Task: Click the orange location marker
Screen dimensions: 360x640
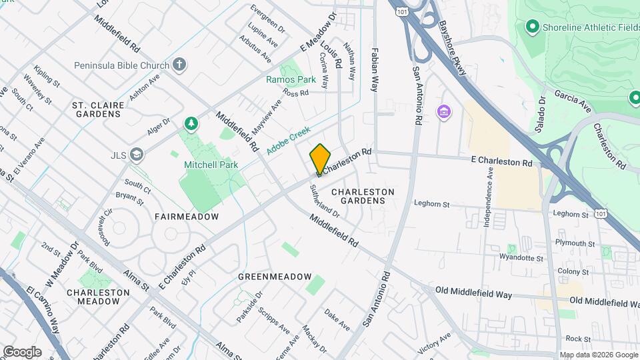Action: pos(320,159)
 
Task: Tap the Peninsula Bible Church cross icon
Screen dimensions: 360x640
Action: pos(179,65)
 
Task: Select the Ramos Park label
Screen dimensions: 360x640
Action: pos(291,79)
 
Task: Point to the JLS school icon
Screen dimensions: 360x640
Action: pos(137,155)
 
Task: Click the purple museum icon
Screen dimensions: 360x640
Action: pos(443,111)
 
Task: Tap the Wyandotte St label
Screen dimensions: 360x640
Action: pos(521,257)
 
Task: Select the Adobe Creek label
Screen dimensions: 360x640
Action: pos(288,142)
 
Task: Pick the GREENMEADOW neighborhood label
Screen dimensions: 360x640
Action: pos(275,276)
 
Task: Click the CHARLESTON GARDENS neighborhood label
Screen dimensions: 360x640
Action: pos(363,196)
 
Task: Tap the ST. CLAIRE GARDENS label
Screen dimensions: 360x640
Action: pos(97,110)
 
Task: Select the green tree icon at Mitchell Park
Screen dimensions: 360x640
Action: pos(191,123)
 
